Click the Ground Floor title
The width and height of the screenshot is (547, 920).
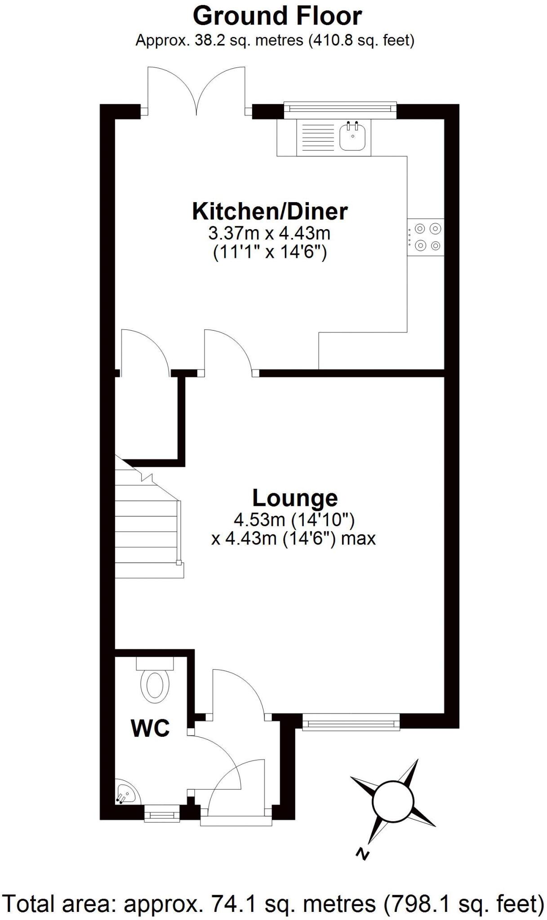[277, 17]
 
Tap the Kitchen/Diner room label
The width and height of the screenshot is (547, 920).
[270, 211]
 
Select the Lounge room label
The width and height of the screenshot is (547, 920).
[295, 498]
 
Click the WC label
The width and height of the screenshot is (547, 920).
[150, 728]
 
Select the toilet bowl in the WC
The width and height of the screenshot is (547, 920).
[155, 686]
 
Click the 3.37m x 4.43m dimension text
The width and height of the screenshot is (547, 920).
[269, 233]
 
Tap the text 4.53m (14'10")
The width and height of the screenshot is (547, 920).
[294, 520]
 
